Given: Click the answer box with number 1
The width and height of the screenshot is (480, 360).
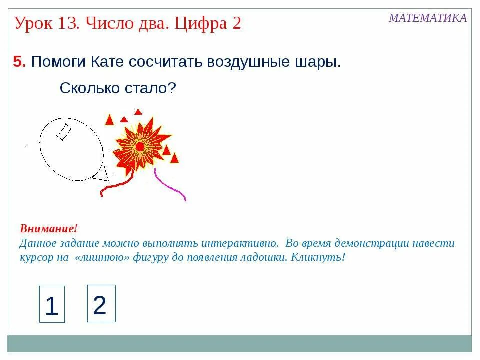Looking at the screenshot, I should (x=52, y=304).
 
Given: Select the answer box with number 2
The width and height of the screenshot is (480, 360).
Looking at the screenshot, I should (x=101, y=303).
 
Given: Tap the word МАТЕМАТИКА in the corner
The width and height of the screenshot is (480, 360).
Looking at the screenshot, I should (x=428, y=18).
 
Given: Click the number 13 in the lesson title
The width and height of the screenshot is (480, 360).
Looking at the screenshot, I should (x=71, y=23).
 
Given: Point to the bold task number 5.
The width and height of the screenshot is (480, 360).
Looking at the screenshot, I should (x=19, y=62).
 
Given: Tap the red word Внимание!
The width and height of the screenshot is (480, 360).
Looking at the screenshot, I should (x=49, y=229).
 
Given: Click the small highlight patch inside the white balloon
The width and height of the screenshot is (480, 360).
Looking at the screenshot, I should (x=63, y=131).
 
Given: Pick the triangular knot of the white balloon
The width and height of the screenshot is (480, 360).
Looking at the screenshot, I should (x=102, y=174).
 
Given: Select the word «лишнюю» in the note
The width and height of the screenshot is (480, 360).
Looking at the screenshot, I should (x=104, y=258).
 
